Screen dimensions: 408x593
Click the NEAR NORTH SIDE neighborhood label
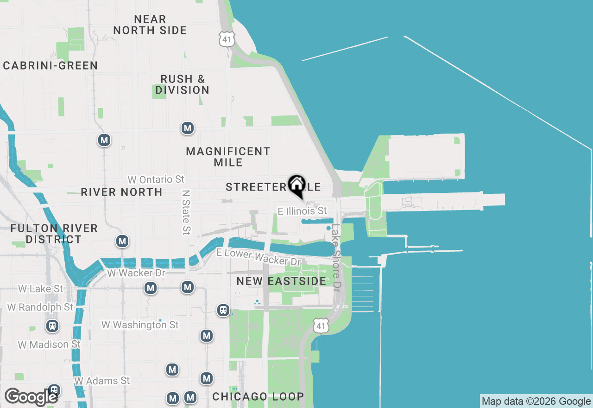(x=150, y=25)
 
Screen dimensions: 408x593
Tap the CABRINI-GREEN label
(x=50, y=65)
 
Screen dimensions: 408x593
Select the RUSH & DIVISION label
(x=182, y=84)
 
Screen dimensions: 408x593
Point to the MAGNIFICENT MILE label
(x=228, y=157)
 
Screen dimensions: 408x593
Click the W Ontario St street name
(x=156, y=179)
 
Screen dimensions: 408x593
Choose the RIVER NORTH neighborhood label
(x=121, y=192)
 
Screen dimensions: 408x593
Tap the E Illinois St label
(x=302, y=211)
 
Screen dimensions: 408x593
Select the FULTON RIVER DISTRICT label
(x=54, y=234)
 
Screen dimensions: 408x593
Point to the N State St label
(x=186, y=211)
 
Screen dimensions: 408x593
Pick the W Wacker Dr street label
(x=136, y=273)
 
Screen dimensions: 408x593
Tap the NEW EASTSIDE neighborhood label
(x=281, y=281)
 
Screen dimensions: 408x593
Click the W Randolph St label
(x=40, y=307)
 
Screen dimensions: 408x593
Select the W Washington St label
(x=140, y=325)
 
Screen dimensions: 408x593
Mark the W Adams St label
(x=102, y=381)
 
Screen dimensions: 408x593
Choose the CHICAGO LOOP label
(x=258, y=396)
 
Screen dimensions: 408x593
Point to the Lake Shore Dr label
(x=336, y=258)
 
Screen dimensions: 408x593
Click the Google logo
(x=31, y=397)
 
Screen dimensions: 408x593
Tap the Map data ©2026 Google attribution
(x=536, y=402)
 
